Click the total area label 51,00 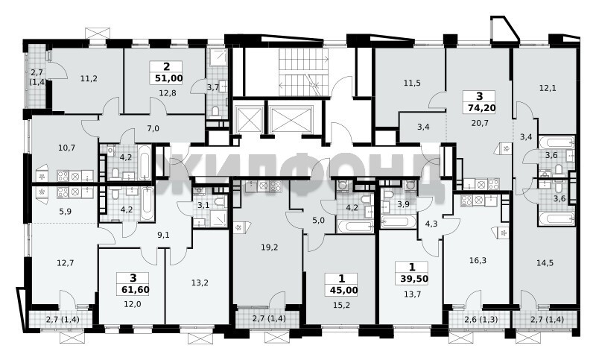pyautogui.click(x=169, y=79)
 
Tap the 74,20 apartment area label pyautogui.click(x=481, y=108)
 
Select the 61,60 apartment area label pyautogui.click(x=136, y=290)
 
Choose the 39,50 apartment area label pyautogui.click(x=414, y=279)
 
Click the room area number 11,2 pyautogui.click(x=89, y=79)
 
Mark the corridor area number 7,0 pyautogui.click(x=153, y=128)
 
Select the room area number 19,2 pyautogui.click(x=270, y=247)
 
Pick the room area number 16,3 pyautogui.click(x=478, y=260)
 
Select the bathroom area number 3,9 pyautogui.click(x=403, y=204)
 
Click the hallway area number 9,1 pyautogui.click(x=163, y=235)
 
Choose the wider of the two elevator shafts pyautogui.click(x=290, y=118)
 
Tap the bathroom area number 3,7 pyautogui.click(x=213, y=87)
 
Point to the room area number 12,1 pyautogui.click(x=548, y=88)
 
